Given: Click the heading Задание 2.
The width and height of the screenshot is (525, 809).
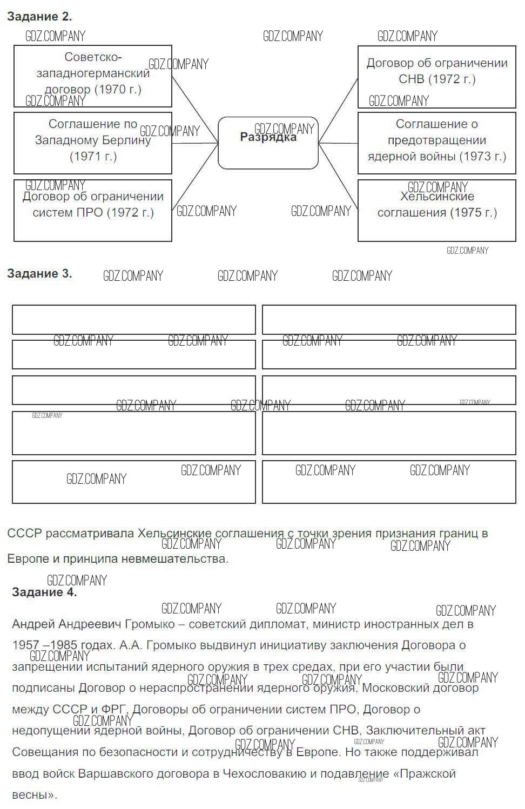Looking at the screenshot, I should [x=39, y=17].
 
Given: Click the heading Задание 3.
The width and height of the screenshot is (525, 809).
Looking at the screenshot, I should [x=39, y=274].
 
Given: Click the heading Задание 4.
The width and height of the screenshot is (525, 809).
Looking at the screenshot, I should [x=44, y=592].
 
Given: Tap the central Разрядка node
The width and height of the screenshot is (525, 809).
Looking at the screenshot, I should [x=268, y=143].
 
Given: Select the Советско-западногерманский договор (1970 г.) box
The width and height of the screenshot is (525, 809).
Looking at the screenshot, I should [x=92, y=76].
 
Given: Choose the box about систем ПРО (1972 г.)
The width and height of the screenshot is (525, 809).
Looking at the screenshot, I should [x=92, y=211].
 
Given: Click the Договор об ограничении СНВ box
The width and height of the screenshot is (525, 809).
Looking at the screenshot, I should [x=436, y=76].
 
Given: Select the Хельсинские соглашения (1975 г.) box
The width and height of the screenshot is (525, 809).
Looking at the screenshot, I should [x=436, y=211].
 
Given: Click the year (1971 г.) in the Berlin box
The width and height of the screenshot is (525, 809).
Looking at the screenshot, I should [x=93, y=157].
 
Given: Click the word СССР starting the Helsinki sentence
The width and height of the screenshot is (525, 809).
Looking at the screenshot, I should [x=24, y=534].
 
